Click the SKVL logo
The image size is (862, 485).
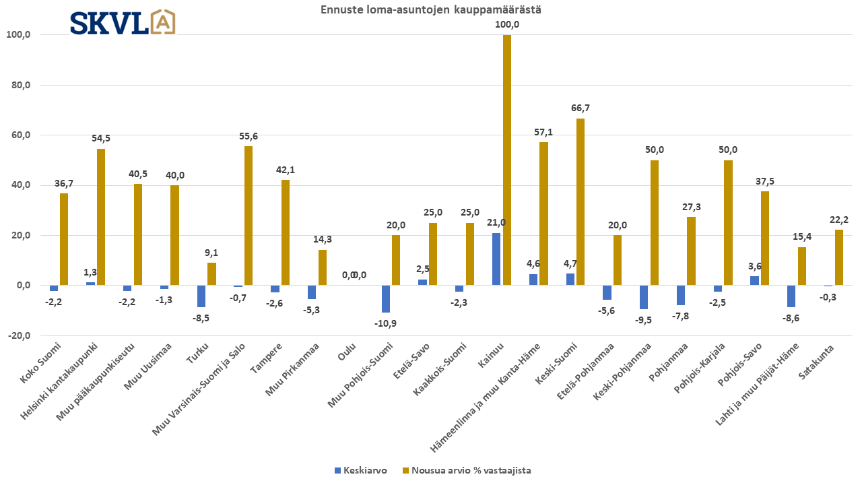tap(123, 22)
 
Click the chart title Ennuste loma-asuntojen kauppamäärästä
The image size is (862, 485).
tap(430, 9)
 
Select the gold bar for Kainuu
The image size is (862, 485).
tap(507, 160)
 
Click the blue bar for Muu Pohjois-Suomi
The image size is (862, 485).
tap(386, 299)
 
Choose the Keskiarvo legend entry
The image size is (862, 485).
tap(364, 470)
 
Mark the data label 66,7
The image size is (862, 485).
tap(581, 108)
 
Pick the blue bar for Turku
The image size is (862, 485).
tap(201, 296)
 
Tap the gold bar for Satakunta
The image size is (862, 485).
tap(839, 257)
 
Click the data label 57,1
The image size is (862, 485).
tap(543, 132)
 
